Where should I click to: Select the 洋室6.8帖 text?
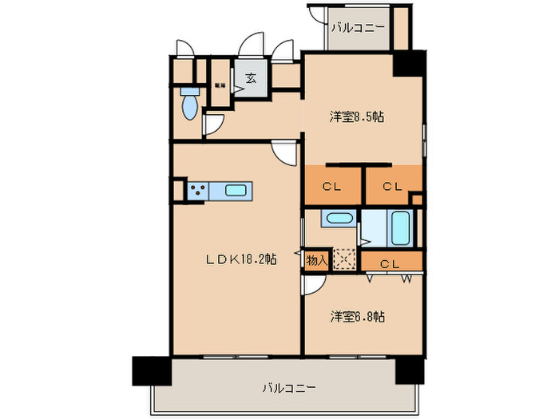pyautogui.click(x=358, y=317)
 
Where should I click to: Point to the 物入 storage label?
pyautogui.click(x=316, y=259)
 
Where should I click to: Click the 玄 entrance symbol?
pyautogui.click(x=251, y=78)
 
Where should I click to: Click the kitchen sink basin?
pyautogui.click(x=236, y=191)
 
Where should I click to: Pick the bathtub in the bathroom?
pyautogui.click(x=400, y=228)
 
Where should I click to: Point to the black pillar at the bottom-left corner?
pyautogui.click(x=151, y=370)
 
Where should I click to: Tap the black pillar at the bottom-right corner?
pyautogui.click(x=410, y=368)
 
